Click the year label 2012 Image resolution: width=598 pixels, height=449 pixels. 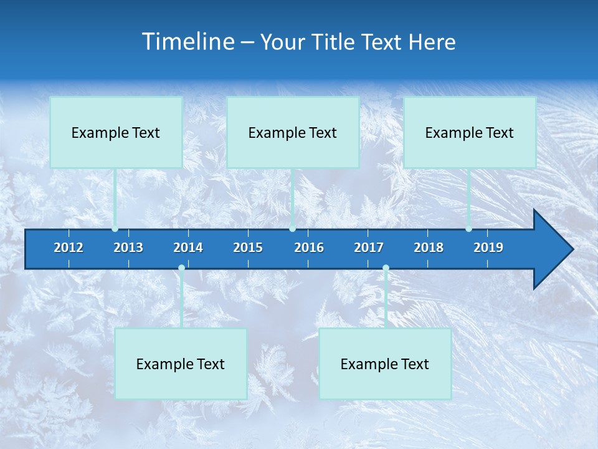click(69, 248)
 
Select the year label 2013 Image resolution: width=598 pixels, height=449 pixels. click(128, 248)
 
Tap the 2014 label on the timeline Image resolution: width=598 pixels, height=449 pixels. click(188, 248)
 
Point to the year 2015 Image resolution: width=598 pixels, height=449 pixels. click(248, 248)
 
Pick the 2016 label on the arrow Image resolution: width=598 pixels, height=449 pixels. click(309, 248)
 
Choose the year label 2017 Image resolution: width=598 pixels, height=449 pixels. click(369, 248)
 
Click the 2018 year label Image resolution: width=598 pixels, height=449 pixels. click(429, 248)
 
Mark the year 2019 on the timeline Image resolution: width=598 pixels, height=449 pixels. click(488, 248)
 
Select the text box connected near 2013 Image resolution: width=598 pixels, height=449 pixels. click(116, 132)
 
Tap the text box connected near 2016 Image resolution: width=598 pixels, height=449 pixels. click(293, 132)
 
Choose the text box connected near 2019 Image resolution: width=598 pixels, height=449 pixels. click(470, 132)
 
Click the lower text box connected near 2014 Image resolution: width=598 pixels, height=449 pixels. click(181, 364)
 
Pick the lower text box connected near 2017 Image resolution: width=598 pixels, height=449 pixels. click(385, 364)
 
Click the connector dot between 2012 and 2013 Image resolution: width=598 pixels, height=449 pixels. click(115, 229)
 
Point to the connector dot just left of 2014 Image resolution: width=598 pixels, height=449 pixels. click(181, 268)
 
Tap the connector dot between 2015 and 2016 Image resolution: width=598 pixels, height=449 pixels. click(292, 229)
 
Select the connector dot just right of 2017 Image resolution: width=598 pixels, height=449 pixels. click(386, 268)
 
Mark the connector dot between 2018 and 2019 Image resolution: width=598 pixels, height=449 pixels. click(468, 229)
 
